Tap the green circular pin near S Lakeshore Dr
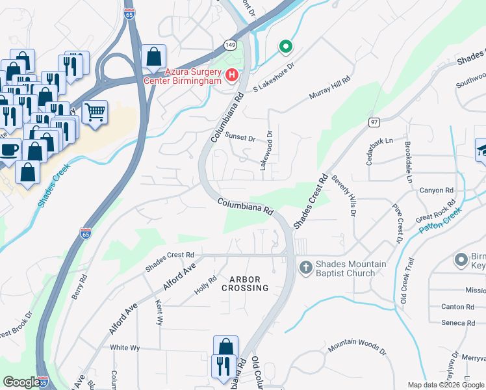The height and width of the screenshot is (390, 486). tap(285, 46)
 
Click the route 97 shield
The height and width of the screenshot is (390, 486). tap(373, 122)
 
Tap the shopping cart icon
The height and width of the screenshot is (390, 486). tap(95, 113)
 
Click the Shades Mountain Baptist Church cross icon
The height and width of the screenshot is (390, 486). tap(305, 267)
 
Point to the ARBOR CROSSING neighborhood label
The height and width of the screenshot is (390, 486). tap(244, 284)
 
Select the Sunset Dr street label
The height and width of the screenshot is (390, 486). tap(240, 136)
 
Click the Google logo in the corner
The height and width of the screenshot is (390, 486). tap(21, 382)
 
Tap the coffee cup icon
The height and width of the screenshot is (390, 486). tap(10, 149)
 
